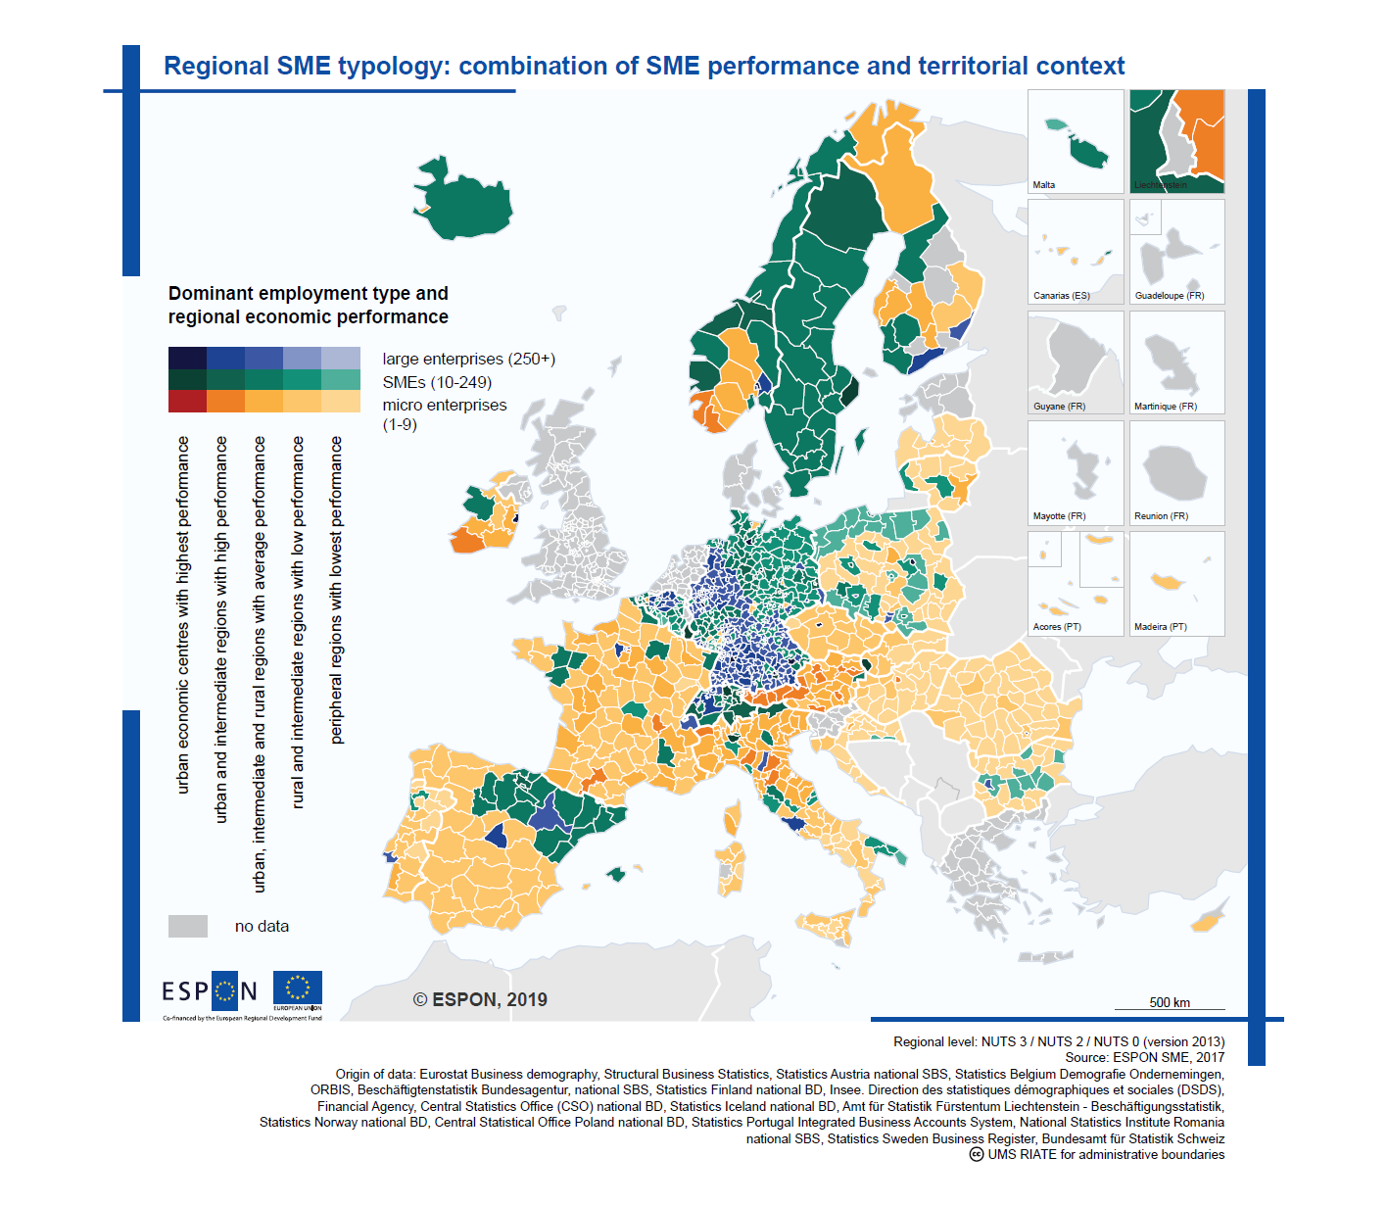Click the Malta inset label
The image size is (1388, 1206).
(1044, 185)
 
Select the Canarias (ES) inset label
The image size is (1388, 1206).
(1061, 296)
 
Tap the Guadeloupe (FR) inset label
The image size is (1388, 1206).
(1169, 296)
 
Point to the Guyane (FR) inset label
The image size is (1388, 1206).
(1059, 407)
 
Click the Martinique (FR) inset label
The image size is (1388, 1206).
(1165, 407)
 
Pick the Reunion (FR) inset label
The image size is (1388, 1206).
(1161, 516)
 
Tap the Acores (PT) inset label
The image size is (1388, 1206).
(1057, 627)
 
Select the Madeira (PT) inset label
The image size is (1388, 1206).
(1160, 627)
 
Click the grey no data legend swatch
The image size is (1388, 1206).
(188, 927)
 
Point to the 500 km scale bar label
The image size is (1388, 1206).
(1170, 1002)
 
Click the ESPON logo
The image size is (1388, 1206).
(210, 991)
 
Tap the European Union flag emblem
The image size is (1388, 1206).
(297, 989)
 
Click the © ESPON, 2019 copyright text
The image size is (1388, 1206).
(480, 1000)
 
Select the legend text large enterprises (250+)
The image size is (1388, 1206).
(468, 360)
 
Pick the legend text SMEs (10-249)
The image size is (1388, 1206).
(437, 383)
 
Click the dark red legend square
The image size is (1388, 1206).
(187, 401)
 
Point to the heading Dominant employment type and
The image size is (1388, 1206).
(308, 294)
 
